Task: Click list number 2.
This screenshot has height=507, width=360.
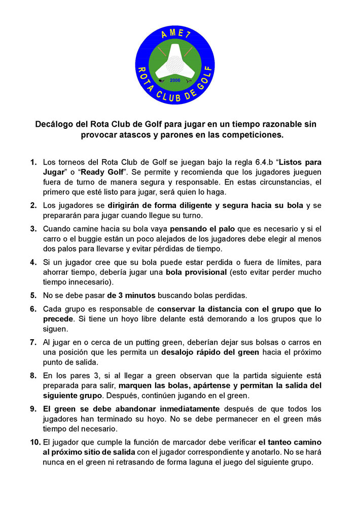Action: point(33,205)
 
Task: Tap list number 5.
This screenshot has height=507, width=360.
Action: point(33,295)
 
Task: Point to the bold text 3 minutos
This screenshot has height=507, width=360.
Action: point(131,295)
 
